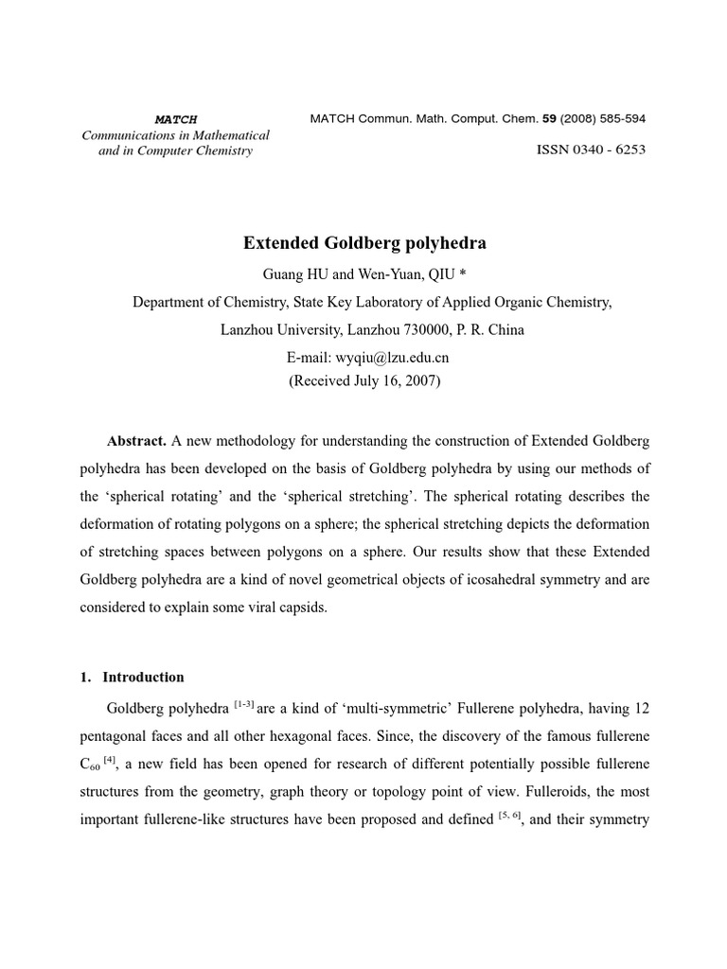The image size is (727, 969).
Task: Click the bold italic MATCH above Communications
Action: pyautogui.click(x=175, y=119)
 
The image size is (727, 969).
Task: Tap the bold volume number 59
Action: pyautogui.click(x=548, y=119)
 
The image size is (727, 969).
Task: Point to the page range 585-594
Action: pyautogui.click(x=615, y=119)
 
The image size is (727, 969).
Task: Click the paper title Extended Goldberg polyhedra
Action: pyautogui.click(x=364, y=243)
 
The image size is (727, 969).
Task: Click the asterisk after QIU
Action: pyautogui.click(x=463, y=274)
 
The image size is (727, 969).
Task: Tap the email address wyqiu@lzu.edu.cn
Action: pyautogui.click(x=392, y=357)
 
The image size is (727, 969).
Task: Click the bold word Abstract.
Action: pyautogui.click(x=136, y=441)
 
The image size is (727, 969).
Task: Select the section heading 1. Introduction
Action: pyautogui.click(x=131, y=677)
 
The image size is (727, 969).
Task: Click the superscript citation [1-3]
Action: pyautogui.click(x=243, y=703)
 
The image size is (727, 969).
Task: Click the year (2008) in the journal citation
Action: pyautogui.click(x=575, y=119)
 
